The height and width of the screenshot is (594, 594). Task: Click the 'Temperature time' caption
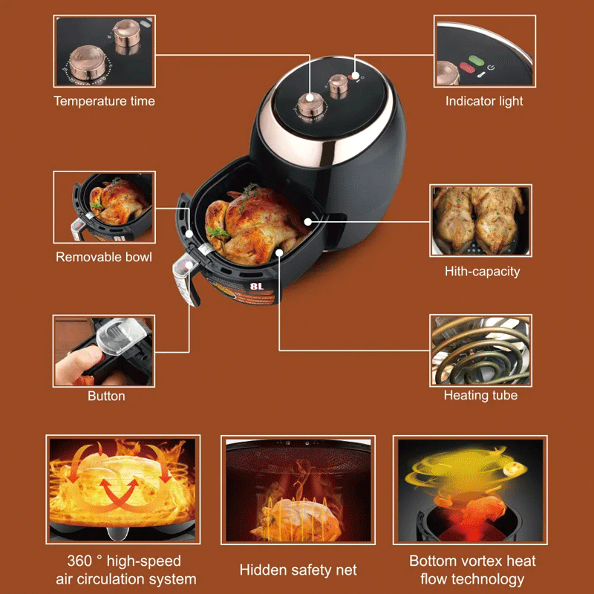point(104,101)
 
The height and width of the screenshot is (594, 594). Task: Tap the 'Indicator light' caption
point(484,101)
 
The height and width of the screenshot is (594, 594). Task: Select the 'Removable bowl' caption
point(104,257)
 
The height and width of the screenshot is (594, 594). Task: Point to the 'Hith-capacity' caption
point(482,272)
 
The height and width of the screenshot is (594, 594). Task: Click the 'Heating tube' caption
point(480,396)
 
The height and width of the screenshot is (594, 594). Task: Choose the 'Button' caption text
point(106,396)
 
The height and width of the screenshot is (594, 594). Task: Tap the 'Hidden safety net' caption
point(298,570)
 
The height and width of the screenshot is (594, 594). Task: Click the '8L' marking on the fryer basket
point(256,287)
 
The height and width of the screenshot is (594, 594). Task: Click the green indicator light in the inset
point(475,60)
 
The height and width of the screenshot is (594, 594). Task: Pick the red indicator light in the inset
point(467,68)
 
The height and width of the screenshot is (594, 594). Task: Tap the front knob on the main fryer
point(310,105)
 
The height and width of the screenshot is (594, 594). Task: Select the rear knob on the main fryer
point(338,86)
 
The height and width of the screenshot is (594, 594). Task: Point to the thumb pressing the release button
point(78,364)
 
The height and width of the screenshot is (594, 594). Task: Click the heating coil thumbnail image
point(480,350)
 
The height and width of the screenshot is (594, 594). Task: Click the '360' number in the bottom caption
point(79,561)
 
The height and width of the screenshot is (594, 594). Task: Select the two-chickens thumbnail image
point(480,221)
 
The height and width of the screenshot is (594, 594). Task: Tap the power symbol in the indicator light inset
point(491,68)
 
